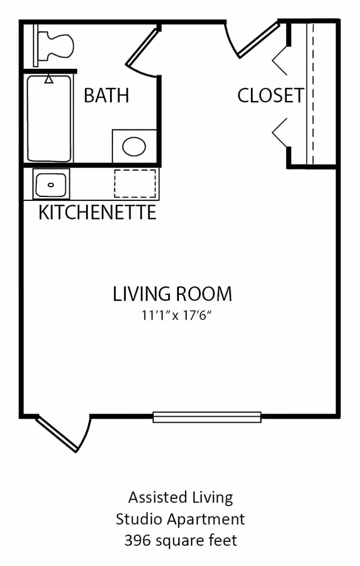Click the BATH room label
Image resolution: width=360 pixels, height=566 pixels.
coord(106,96)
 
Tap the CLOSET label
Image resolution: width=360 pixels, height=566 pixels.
coord(270,96)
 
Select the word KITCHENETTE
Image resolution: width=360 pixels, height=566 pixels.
coord(97,213)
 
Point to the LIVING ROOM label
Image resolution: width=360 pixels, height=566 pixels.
coord(172,294)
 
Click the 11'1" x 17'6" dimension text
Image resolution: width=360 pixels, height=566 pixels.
coord(179,316)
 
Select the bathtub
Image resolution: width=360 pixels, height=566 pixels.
coord(49,118)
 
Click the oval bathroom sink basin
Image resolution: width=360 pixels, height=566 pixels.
coord(134,147)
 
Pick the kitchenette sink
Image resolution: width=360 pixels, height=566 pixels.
coord(51,184)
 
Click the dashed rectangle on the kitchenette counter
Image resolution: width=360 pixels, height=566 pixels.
coord(135,183)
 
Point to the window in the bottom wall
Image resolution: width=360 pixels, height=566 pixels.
coord(207,417)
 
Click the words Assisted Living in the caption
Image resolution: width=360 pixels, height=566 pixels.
coord(181,497)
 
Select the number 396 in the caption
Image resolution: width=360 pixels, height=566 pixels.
coord(137,541)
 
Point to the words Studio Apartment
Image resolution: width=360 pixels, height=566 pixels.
coord(181,519)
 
